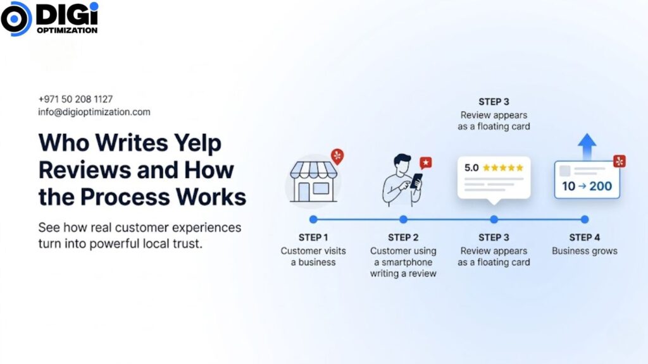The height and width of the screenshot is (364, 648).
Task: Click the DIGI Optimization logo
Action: (49, 18)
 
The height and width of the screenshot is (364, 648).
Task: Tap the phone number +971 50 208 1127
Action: (76, 99)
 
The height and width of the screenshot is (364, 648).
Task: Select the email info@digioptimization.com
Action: (94, 112)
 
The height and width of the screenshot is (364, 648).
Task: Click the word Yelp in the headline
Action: (197, 143)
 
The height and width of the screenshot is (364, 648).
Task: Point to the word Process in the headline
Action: (125, 197)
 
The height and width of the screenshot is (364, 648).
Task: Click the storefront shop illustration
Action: (313, 181)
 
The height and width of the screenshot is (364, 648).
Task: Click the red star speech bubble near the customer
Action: (426, 162)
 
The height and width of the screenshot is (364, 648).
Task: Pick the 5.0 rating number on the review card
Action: (471, 168)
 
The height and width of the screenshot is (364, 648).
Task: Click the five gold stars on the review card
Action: (503, 167)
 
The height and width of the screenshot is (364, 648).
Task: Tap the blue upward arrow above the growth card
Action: (587, 147)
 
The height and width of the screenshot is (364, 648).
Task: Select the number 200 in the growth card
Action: (601, 186)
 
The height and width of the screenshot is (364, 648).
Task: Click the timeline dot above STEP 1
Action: (313, 219)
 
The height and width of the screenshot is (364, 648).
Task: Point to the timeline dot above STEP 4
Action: (584, 219)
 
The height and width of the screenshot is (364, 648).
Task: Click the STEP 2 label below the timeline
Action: (403, 238)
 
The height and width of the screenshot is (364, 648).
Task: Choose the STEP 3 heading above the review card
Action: (494, 102)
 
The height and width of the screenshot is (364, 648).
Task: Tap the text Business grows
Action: (584, 251)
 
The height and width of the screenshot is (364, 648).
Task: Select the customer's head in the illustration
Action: (401, 164)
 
